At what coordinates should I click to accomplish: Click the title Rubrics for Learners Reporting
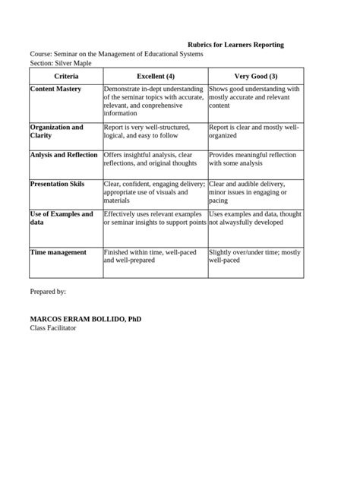[x=235, y=45]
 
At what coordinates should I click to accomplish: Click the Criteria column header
[x=65, y=77]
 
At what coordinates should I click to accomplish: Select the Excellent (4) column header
[x=155, y=77]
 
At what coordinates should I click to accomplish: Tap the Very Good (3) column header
[x=255, y=77]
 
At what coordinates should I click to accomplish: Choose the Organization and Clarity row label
[x=57, y=131]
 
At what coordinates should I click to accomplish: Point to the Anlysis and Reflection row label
[x=64, y=154]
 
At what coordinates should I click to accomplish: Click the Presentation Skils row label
[x=57, y=184]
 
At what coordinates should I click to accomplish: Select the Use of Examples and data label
[x=62, y=218]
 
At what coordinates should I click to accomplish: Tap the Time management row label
[x=58, y=252]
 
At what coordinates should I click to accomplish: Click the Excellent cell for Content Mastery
[x=154, y=101]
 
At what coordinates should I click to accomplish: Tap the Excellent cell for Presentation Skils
[x=154, y=192]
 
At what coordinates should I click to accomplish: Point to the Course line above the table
[x=116, y=55]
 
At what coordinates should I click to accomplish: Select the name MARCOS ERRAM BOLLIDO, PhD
[x=85, y=319]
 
